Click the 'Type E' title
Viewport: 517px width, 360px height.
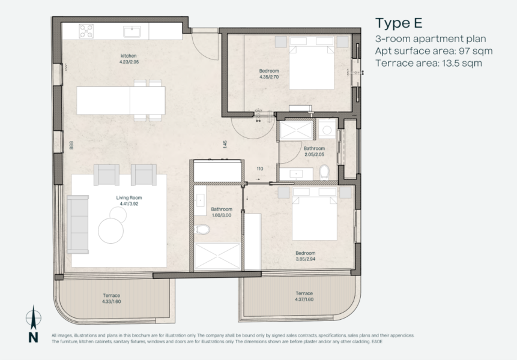(399, 23)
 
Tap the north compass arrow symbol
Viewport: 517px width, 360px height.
(33, 318)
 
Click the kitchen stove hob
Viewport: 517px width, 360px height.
(86, 31)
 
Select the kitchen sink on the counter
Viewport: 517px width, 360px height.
(132, 32)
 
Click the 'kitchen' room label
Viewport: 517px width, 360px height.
(128, 56)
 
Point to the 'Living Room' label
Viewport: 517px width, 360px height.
(129, 197)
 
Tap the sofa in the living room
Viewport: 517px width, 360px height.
(78, 224)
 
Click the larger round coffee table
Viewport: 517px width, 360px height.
(110, 231)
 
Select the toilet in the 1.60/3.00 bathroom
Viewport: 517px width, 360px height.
(202, 229)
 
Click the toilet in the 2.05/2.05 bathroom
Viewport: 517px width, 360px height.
(324, 172)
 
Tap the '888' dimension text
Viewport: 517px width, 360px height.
(71, 145)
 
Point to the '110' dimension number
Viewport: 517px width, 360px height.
(260, 169)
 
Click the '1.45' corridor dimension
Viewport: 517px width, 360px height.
(225, 144)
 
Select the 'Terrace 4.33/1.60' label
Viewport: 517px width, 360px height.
(112, 298)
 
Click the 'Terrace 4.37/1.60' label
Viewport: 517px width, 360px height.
(304, 296)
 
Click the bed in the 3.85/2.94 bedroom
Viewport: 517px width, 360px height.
(315, 214)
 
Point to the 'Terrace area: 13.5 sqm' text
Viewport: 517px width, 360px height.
(429, 63)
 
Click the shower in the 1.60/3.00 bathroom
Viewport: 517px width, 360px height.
(217, 256)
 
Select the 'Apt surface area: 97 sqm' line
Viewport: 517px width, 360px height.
(434, 51)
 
